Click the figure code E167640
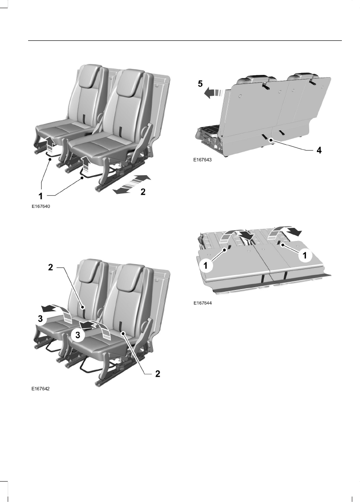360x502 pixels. [41, 207]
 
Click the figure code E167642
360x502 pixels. [41, 389]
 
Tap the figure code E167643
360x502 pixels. [202, 159]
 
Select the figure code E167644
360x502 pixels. [202, 303]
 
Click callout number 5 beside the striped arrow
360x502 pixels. [200, 84]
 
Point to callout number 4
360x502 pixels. [319, 150]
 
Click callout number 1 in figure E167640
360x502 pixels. [41, 196]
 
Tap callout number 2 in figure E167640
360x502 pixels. [143, 192]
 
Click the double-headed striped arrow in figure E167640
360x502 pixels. [132, 184]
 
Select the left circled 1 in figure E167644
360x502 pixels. [205, 266]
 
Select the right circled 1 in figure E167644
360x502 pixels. [305, 255]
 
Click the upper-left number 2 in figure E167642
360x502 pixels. [50, 267]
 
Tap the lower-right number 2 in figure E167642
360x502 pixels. [158, 374]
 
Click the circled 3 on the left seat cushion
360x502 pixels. [40, 319]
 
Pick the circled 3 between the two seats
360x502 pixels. [78, 335]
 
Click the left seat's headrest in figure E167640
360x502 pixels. [88, 75]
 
